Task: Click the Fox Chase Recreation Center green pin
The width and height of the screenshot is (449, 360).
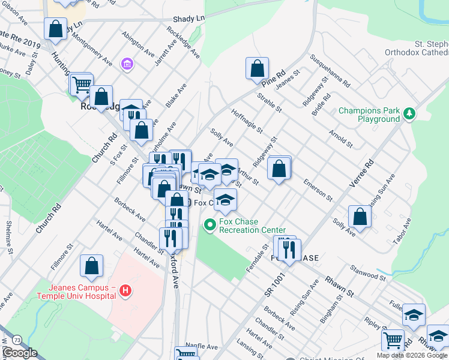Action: pos(209,226)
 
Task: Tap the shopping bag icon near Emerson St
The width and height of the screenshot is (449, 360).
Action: pos(279,167)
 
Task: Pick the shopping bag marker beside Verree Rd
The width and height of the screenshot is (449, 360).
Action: pos(359,218)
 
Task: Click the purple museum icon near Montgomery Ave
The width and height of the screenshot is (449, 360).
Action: pos(127,64)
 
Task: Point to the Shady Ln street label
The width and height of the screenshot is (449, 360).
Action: pos(188,19)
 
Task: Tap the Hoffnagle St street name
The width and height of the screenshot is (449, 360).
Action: pos(247,119)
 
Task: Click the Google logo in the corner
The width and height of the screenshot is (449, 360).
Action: pos(20,353)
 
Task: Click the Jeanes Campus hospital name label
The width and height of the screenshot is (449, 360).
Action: pos(76,288)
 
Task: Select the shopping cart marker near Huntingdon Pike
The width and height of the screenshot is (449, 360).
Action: pos(81,84)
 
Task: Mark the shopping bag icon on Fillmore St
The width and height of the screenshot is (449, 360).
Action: pos(91,266)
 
